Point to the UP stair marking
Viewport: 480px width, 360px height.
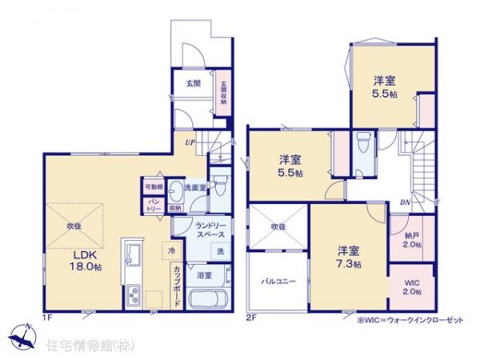[190, 142]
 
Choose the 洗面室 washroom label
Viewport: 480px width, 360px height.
[195, 187]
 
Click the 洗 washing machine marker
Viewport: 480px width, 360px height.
[219, 252]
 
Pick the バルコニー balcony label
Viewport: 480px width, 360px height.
[278, 281]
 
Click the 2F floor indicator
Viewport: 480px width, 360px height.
[250, 318]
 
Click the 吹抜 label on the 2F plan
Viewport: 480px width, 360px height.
[278, 226]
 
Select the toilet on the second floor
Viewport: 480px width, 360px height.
[362, 144]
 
